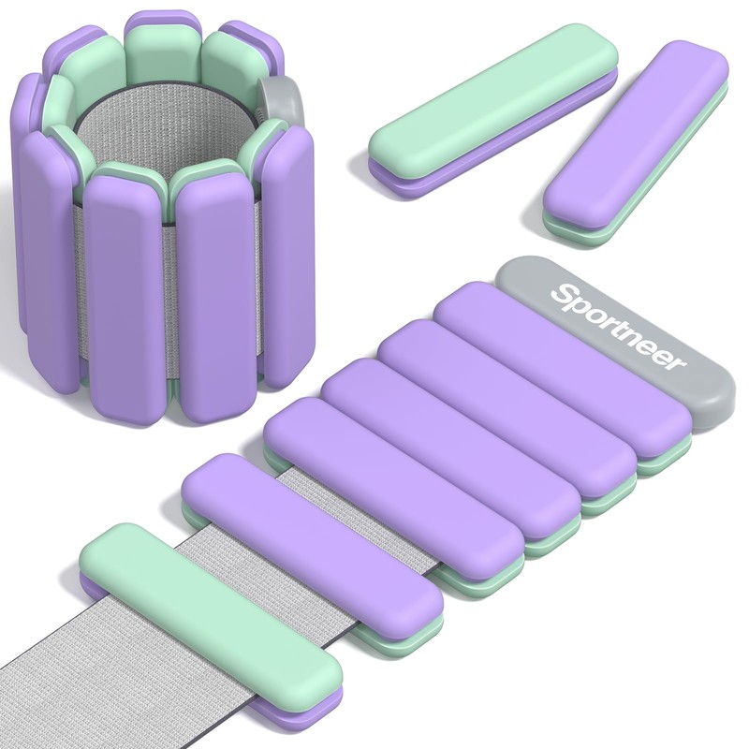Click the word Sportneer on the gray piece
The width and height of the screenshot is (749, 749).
point(619,327)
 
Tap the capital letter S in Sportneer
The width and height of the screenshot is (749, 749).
point(563,293)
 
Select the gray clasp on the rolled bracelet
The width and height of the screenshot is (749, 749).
point(281,95)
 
